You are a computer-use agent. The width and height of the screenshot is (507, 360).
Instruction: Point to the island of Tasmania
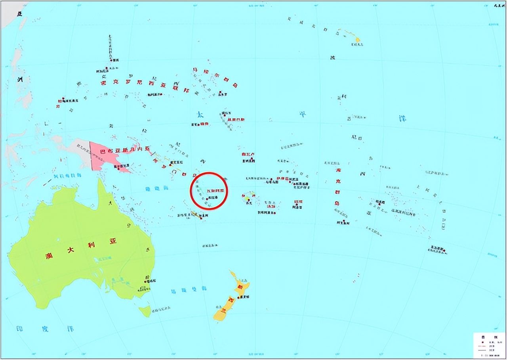[145, 310]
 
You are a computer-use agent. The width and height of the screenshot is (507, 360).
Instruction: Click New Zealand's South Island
[224, 309]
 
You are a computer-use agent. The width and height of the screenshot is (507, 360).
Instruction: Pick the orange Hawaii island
[357, 40]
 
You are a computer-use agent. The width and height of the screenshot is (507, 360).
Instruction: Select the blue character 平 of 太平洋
[303, 114]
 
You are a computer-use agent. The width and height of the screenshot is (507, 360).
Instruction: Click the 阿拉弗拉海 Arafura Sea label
[67, 176]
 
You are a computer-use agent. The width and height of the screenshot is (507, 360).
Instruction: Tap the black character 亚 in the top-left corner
[19, 14]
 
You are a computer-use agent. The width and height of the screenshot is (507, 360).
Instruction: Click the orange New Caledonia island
[196, 214]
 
